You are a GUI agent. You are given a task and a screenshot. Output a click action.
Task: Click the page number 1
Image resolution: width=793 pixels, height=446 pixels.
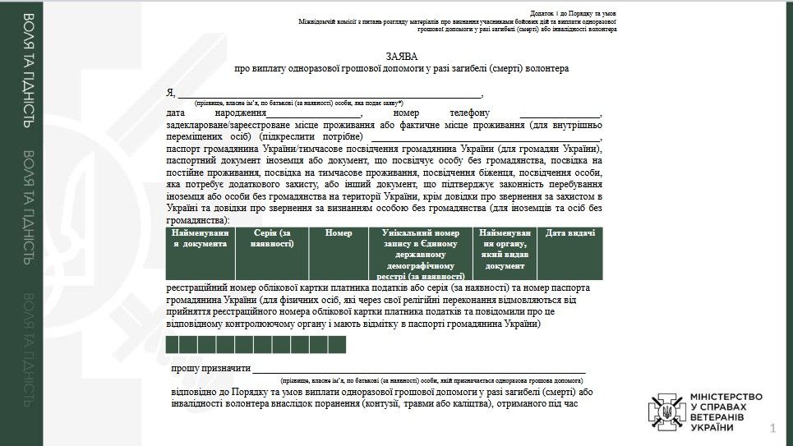pos(772,428)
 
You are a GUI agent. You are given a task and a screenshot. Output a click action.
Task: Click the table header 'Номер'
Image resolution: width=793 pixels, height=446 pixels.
pos(339,233)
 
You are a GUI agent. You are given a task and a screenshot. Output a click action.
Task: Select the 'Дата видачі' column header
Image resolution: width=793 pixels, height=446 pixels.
pos(569,233)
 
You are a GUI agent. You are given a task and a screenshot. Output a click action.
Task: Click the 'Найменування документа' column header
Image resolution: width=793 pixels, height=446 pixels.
pos(199,238)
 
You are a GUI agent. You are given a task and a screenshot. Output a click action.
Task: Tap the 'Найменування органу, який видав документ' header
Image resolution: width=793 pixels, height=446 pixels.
pos(505,249)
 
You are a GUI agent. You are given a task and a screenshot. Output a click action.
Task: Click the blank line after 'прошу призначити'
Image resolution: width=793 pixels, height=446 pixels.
pos(418,370)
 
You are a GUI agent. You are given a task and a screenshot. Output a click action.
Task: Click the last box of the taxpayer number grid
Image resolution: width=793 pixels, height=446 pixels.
pos(337,345)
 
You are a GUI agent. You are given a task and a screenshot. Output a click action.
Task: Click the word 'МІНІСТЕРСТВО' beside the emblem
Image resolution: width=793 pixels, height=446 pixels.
pos(726,397)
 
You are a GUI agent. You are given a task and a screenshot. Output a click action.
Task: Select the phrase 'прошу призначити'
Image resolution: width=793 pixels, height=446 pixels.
pos(210,370)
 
